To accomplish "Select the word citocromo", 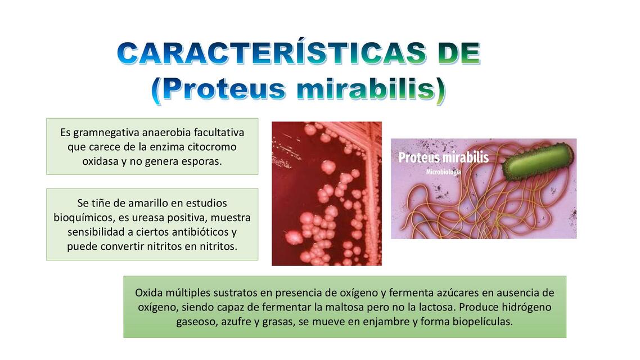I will click(209, 147).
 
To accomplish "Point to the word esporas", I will click(200, 161).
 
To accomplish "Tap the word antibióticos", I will click(197, 232).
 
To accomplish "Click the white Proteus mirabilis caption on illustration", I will click(443, 157).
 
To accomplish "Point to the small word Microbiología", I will click(443, 172).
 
